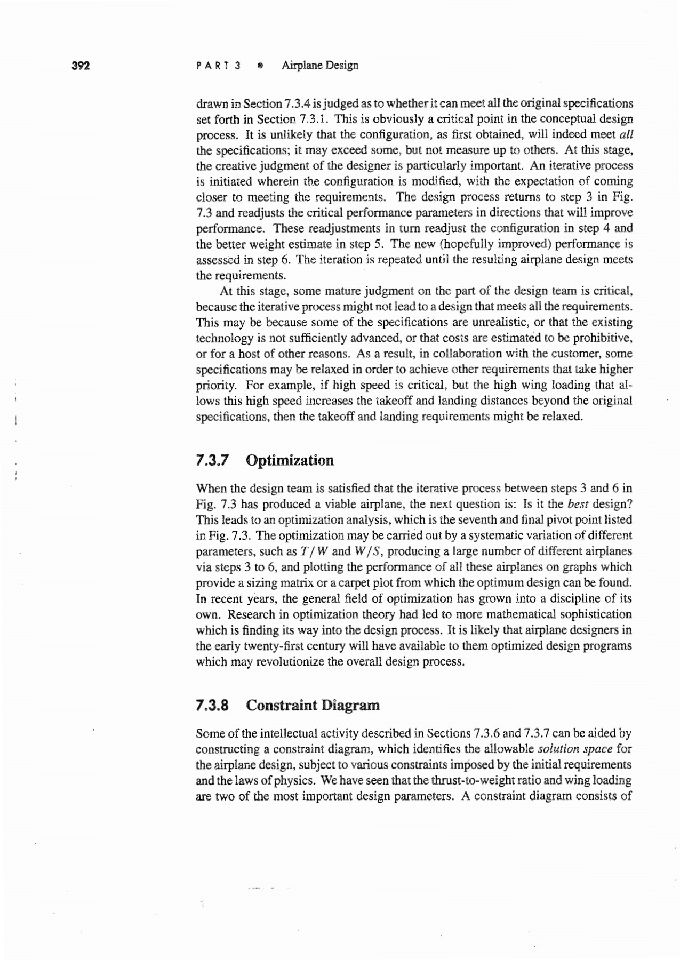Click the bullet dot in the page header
(x=260, y=66)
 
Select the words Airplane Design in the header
(x=320, y=66)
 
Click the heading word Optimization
(x=290, y=460)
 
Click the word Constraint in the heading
(x=279, y=705)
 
